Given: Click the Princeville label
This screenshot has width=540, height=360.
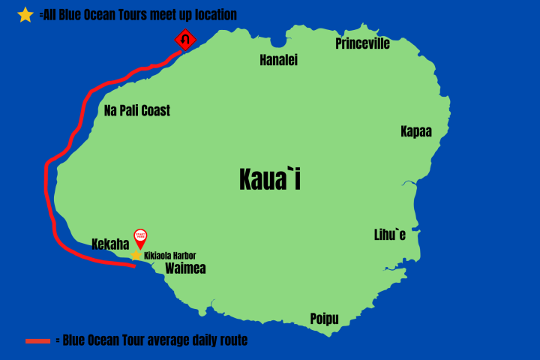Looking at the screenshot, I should [362, 43].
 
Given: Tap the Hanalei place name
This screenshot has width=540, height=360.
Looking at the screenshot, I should [278, 60].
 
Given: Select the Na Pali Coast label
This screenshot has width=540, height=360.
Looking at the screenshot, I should [137, 111].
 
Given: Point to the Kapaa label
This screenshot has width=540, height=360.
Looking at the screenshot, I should [415, 132].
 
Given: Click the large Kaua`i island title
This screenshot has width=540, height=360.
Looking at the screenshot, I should [270, 179].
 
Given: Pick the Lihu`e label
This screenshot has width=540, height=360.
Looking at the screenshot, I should [390, 235].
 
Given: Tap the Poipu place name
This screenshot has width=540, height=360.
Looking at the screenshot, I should [324, 319].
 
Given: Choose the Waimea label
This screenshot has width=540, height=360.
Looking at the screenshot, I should [185, 268].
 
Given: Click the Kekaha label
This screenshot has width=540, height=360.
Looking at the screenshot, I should [110, 244].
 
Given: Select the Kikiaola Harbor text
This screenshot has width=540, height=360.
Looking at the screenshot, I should [170, 256].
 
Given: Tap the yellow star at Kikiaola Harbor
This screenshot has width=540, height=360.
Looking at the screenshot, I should [136, 255].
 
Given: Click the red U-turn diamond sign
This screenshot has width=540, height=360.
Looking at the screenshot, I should [185, 38].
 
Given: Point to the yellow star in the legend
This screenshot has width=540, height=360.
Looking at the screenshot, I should [25, 14].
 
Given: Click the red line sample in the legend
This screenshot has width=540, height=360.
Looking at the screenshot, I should [37, 341].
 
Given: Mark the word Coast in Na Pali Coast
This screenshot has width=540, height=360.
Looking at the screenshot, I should [154, 111].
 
